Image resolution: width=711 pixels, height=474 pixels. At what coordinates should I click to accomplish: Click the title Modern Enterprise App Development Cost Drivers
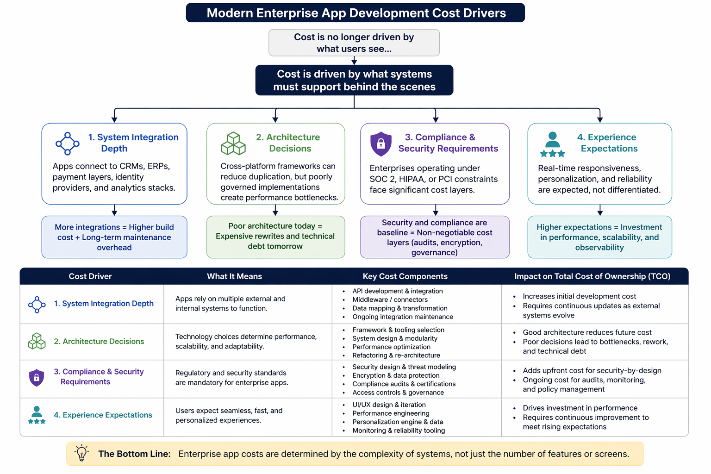355,13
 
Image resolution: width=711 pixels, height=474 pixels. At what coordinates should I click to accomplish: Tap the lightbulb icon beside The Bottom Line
82,453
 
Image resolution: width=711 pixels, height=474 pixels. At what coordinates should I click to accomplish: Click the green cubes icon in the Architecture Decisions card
233,143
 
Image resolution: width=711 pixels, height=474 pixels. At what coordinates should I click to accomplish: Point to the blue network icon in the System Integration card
68,143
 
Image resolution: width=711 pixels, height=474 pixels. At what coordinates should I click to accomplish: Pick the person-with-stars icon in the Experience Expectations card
552,144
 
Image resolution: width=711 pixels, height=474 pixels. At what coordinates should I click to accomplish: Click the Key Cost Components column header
405,276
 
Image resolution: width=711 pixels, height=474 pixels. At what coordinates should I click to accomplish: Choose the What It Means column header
234,276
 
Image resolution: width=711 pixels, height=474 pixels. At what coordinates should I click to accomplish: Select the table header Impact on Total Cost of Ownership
592,276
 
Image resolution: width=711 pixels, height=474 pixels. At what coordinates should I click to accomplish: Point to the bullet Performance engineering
391,413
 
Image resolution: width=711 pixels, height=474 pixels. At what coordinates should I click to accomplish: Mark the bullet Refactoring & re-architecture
396,355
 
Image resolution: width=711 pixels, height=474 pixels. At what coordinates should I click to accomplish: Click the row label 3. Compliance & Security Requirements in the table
99,377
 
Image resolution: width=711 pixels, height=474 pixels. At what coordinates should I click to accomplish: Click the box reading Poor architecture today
275,237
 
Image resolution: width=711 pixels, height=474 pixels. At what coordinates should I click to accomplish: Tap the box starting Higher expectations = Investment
599,237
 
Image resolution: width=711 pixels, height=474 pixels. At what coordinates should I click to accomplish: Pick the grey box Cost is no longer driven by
354,43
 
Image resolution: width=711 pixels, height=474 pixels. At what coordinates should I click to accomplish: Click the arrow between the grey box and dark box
354,61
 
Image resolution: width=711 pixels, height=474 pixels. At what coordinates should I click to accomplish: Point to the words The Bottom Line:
134,454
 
